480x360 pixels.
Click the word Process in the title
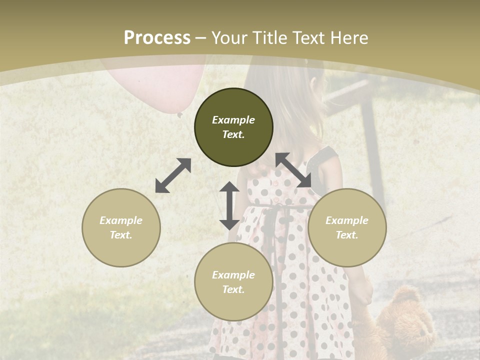tap(157, 38)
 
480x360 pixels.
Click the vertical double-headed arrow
tap(229, 205)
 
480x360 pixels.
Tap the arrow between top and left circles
tap(173, 175)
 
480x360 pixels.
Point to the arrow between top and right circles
tap(294, 170)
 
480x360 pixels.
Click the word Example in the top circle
tap(233, 120)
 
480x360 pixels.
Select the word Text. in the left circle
tap(121, 235)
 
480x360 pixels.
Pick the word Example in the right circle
tap(347, 220)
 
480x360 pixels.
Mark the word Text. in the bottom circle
tap(233, 289)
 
